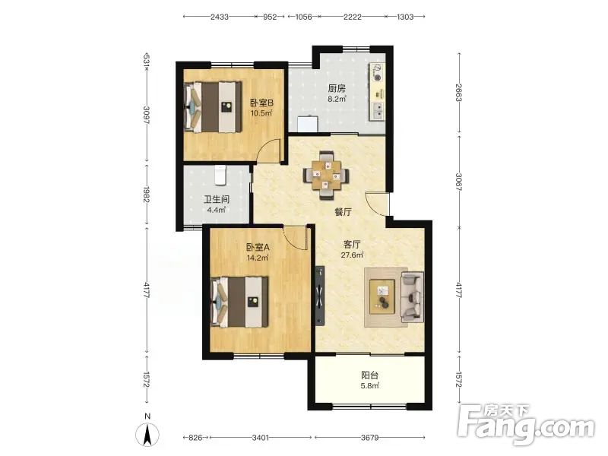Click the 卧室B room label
coord(261,103)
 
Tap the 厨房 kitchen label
coord(337,89)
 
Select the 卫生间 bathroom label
coord(217,200)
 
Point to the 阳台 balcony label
coord(369,375)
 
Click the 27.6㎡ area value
coord(352,255)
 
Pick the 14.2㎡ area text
coord(258,258)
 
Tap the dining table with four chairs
coord(326,176)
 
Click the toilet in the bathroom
coord(220,175)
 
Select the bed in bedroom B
coord(213,106)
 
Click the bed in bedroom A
coord(239,302)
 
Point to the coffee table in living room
coord(382,296)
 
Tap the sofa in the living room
coord(412,297)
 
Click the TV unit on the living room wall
coord(320,296)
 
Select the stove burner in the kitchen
coord(376,73)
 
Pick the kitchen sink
coord(376,110)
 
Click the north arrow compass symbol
coord(147,433)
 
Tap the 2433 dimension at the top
coord(220,17)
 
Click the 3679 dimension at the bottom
coord(369,438)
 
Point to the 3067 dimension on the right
coord(459,182)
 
